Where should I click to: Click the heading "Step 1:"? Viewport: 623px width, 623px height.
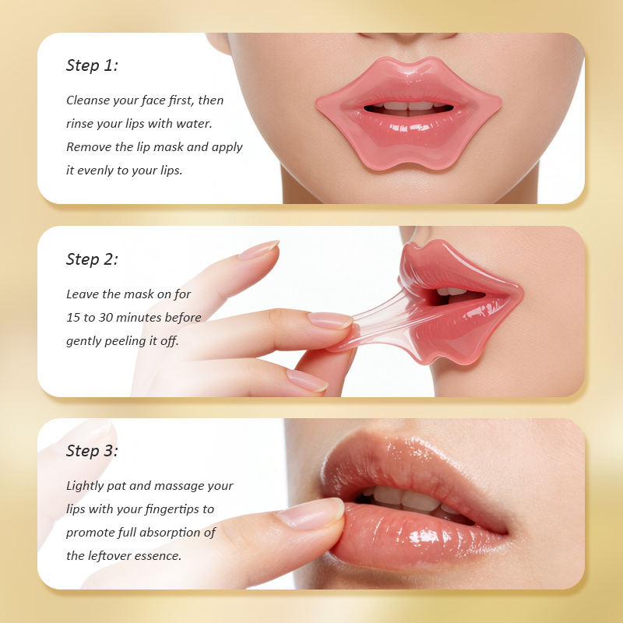point(92,65)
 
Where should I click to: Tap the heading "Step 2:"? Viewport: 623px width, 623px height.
point(92,259)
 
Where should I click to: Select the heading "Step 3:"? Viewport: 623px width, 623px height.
point(92,451)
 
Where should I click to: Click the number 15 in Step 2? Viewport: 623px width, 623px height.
point(73,318)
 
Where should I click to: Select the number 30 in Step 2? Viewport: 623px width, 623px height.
point(106,318)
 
